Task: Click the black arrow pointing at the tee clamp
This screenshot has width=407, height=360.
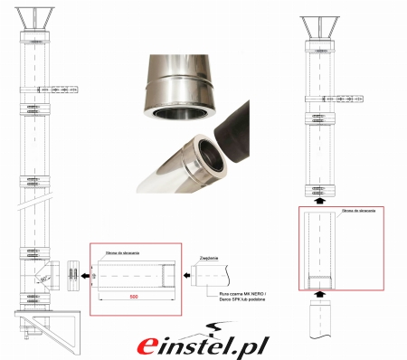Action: click(x=83, y=270)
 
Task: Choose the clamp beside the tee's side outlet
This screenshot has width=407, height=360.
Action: click(x=69, y=270)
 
